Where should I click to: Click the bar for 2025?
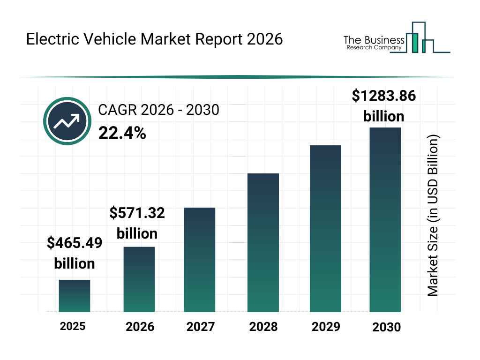tap(74, 296)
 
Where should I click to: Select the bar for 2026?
tap(139, 279)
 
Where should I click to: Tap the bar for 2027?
tap(200, 260)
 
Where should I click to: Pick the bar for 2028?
tap(263, 243)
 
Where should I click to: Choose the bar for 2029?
tap(325, 229)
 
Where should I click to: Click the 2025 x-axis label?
tap(73, 326)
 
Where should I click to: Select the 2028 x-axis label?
tap(263, 327)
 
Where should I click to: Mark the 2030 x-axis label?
tap(387, 327)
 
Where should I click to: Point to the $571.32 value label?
tap(137, 213)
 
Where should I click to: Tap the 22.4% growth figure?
tap(122, 134)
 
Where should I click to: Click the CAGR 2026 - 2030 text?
tap(158, 110)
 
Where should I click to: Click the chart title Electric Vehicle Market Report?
tap(154, 39)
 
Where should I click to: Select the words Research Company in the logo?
tap(374, 47)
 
